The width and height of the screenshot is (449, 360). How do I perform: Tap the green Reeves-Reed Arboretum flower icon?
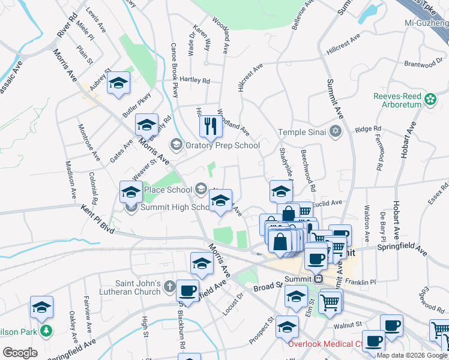[x=430, y=98]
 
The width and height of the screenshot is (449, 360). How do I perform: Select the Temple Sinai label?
[x=301, y=132]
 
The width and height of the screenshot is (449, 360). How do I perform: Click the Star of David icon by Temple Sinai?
[x=336, y=131]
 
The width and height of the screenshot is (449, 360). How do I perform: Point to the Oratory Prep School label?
[x=222, y=145]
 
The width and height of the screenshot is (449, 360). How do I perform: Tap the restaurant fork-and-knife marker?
[x=210, y=126]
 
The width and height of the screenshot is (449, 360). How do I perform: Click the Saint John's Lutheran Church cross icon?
[x=170, y=286]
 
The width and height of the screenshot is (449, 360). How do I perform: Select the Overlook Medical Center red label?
[x=325, y=344]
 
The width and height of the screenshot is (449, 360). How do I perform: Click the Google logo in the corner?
[x=20, y=352]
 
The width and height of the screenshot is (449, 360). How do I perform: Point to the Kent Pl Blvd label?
[x=97, y=218]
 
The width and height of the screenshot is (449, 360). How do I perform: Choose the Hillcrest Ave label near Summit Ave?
[x=343, y=44]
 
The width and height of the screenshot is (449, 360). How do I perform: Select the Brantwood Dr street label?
[x=423, y=63]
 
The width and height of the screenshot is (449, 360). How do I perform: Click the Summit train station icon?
[x=319, y=278]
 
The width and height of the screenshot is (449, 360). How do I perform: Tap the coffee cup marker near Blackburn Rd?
[x=187, y=291]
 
